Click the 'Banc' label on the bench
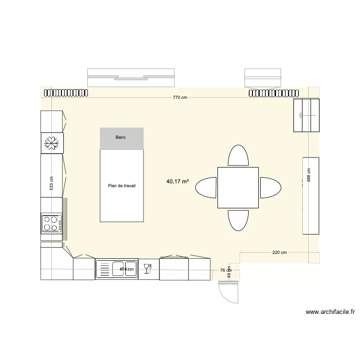click(120, 138)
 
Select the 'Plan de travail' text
click(122, 186)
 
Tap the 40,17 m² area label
click(177, 181)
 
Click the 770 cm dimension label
click(180, 97)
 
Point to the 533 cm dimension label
click(52, 183)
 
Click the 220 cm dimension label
click(279, 252)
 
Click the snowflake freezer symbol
click(51, 143)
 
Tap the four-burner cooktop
click(52, 223)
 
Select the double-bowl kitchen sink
click(117, 269)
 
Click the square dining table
click(238, 187)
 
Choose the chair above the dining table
click(238, 156)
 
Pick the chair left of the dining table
click(206, 187)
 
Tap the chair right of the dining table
click(270, 187)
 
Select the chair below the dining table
click(238, 220)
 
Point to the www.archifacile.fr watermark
click(330, 312)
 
